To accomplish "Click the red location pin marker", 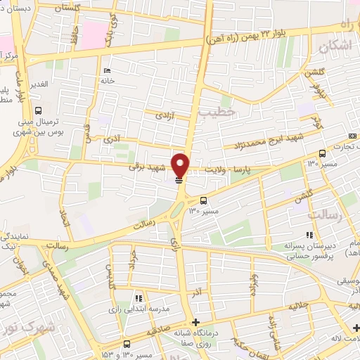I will (x=180, y=165).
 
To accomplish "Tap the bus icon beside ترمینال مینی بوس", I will (x=39, y=110).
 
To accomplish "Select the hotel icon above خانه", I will (x=106, y=70).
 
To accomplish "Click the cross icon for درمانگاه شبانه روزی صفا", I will (x=195, y=322).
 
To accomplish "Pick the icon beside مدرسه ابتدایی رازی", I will (x=139, y=297).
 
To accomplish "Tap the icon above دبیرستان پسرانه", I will (x=308, y=236).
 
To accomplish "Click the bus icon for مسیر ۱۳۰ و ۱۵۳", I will (x=127, y=344).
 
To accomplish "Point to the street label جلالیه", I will (x=299, y=307).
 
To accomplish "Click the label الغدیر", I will (x=38, y=84).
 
